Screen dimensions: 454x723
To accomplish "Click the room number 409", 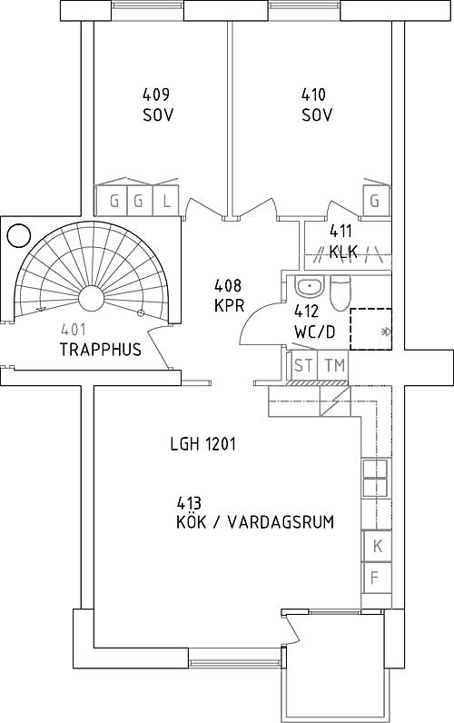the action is coord(156,94).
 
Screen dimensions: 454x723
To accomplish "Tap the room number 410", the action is coord(313,94).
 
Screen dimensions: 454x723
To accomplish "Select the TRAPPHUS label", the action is coord(101,350).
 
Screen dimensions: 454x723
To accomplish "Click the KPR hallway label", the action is coord(229,305).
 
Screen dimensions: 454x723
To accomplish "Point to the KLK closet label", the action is coord(343,252).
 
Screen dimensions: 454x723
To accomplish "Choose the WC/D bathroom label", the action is coord(314,332).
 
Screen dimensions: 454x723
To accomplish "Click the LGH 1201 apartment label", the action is coord(202,444).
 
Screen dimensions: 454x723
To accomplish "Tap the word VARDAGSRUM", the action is coord(281,522).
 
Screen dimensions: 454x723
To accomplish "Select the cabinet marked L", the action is coord(166,201).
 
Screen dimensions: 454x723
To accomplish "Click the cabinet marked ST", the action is coord(303,366).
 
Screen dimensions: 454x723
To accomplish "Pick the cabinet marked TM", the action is coord(334,366).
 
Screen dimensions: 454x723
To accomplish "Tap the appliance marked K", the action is coord(377,547).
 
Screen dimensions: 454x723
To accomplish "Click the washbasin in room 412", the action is coord(311,287).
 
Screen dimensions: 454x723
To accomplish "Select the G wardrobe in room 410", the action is coord(376,201).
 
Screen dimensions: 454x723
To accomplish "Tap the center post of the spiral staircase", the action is coord(92,298).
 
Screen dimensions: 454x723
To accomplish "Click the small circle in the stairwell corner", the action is coord(19,235).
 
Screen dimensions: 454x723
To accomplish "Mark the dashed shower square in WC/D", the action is coord(370,329).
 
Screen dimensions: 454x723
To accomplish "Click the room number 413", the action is coord(189,502).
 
